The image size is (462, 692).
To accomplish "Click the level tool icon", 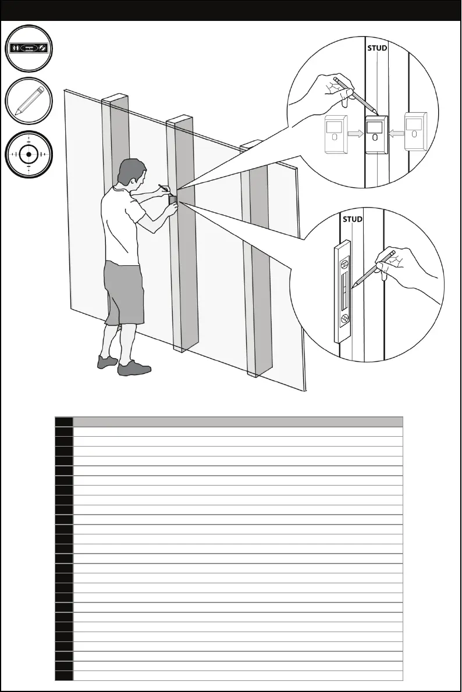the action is [x=29, y=48].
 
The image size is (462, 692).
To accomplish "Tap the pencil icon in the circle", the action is [x=29, y=101].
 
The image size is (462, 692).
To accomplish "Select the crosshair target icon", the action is [x=29, y=154].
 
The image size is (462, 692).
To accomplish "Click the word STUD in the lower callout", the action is [x=352, y=219].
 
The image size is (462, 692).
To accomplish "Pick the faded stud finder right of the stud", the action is [x=415, y=131].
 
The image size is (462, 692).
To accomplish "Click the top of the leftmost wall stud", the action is [x=115, y=97].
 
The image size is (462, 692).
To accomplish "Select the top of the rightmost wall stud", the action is [x=251, y=144].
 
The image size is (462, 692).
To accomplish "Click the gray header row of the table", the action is [x=237, y=422].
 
